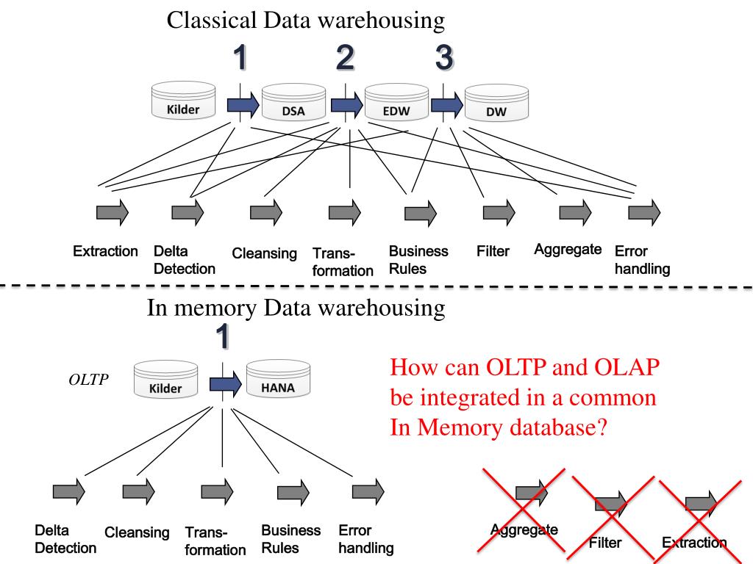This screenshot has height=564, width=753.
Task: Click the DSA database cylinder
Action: coord(293,103)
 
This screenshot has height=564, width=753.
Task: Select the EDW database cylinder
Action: coord(396,102)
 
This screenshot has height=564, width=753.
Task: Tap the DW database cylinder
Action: coord(496,103)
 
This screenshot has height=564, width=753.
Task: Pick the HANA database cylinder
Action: coord(278,379)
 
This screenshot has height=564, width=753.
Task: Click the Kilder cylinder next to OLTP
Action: coord(165,380)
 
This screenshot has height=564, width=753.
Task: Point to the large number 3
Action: coord(444,57)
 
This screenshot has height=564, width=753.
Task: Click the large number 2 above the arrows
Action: coord(345,57)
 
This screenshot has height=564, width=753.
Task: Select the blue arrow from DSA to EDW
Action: coord(347,105)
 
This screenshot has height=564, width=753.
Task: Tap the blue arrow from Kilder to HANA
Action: coord(226,383)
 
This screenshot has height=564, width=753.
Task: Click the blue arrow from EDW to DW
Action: coord(447,105)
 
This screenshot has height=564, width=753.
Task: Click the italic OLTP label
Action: coord(88,380)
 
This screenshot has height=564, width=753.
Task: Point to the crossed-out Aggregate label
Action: coord(524,529)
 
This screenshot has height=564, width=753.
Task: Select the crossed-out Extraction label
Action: coord(694,543)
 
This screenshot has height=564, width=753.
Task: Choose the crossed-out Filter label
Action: coord(605,543)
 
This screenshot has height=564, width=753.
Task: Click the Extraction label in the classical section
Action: coord(105,251)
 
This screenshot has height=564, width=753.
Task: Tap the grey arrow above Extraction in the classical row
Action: coord(113,212)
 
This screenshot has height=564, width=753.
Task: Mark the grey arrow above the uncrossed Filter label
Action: coord(499,212)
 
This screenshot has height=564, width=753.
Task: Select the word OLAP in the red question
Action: coord(627,367)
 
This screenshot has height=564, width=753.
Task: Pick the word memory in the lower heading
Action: coord(215,308)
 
